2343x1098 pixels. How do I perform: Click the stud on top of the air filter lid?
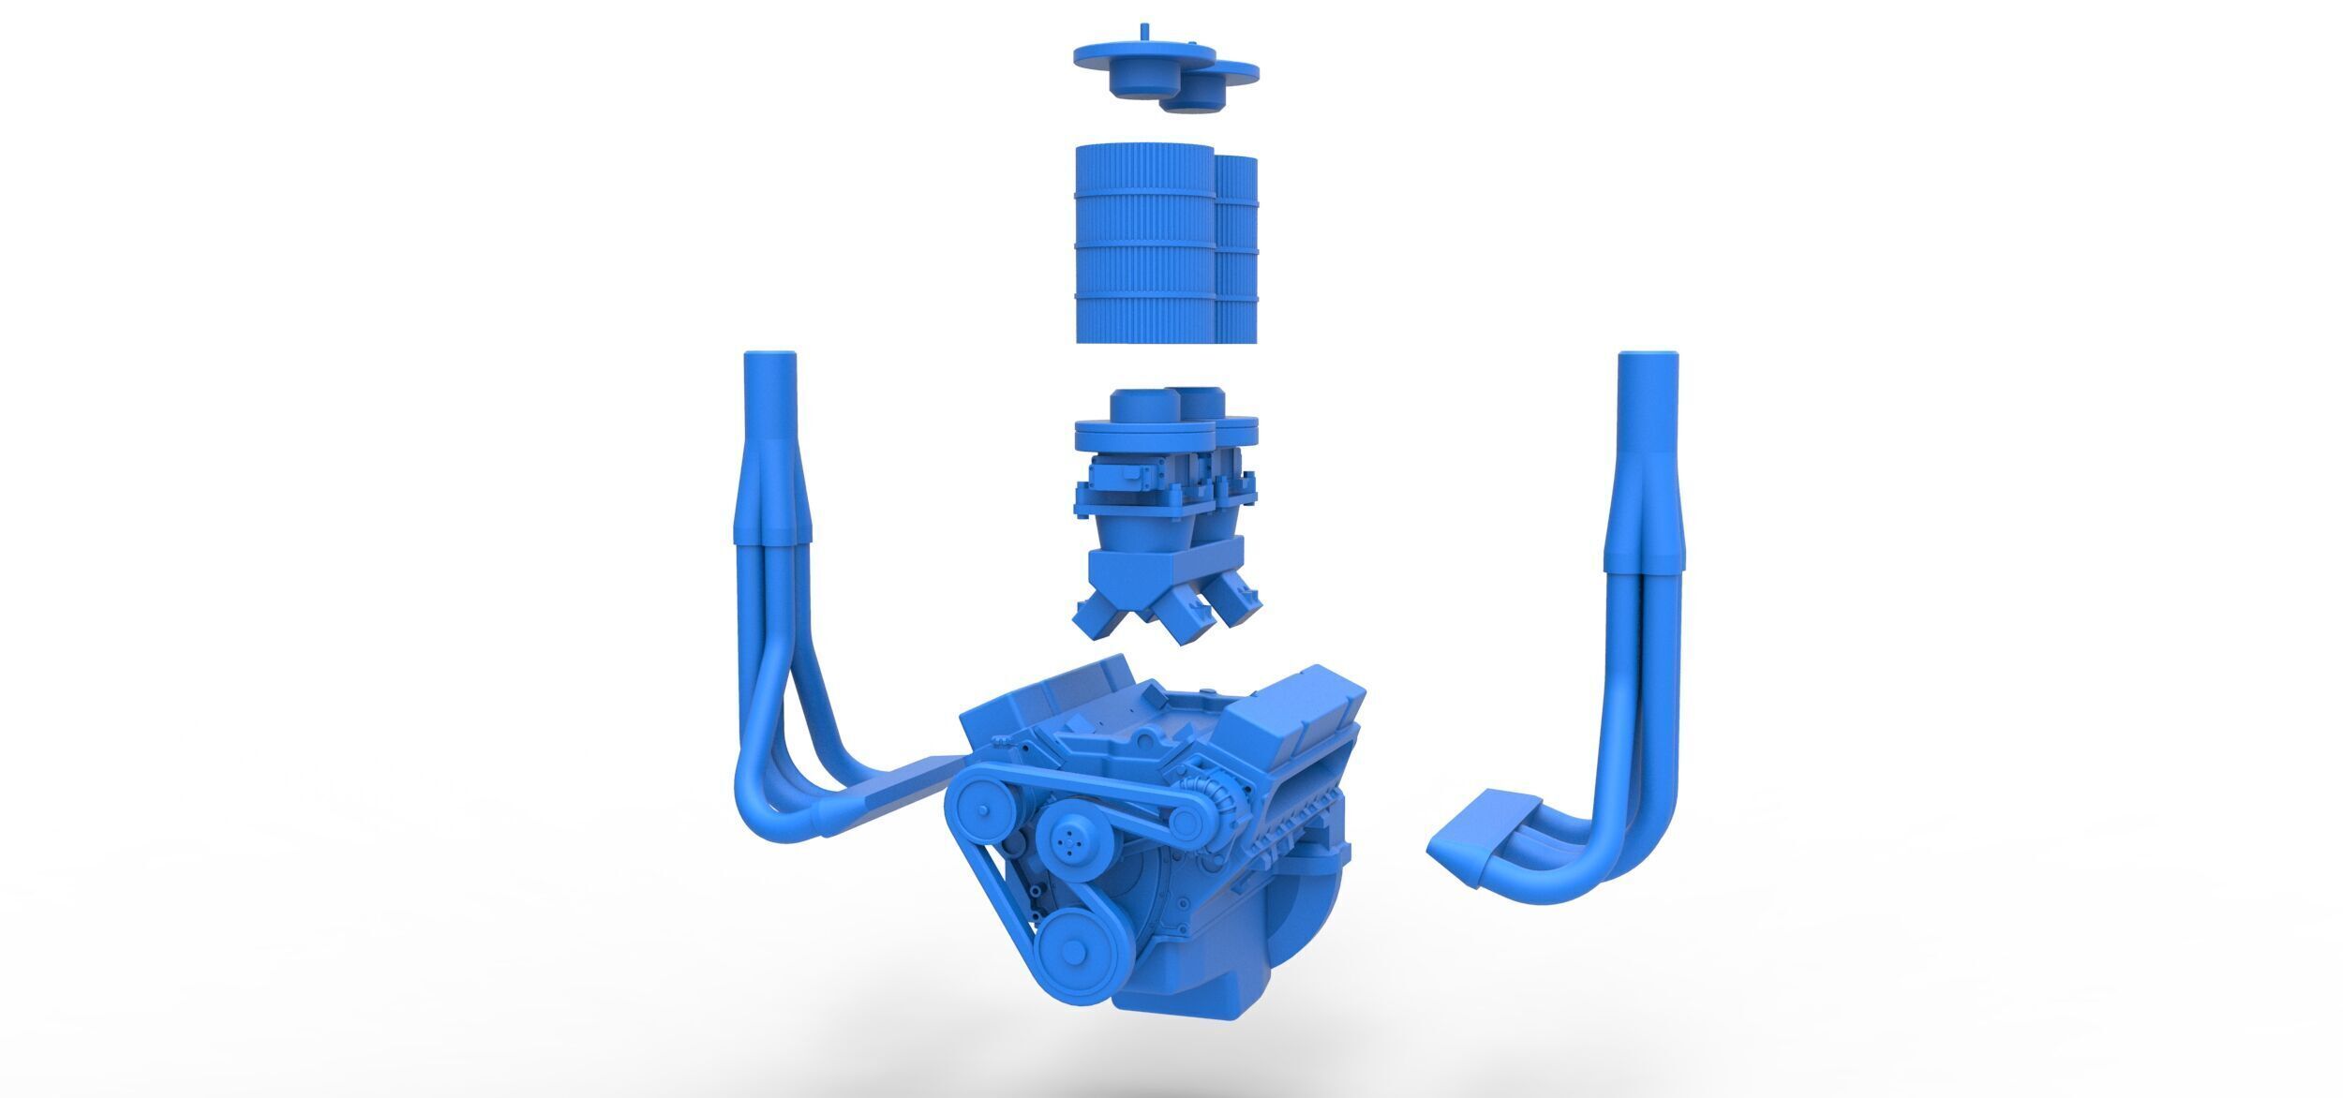coord(1146,31)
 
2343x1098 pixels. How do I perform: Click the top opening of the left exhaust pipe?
coord(770,356)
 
